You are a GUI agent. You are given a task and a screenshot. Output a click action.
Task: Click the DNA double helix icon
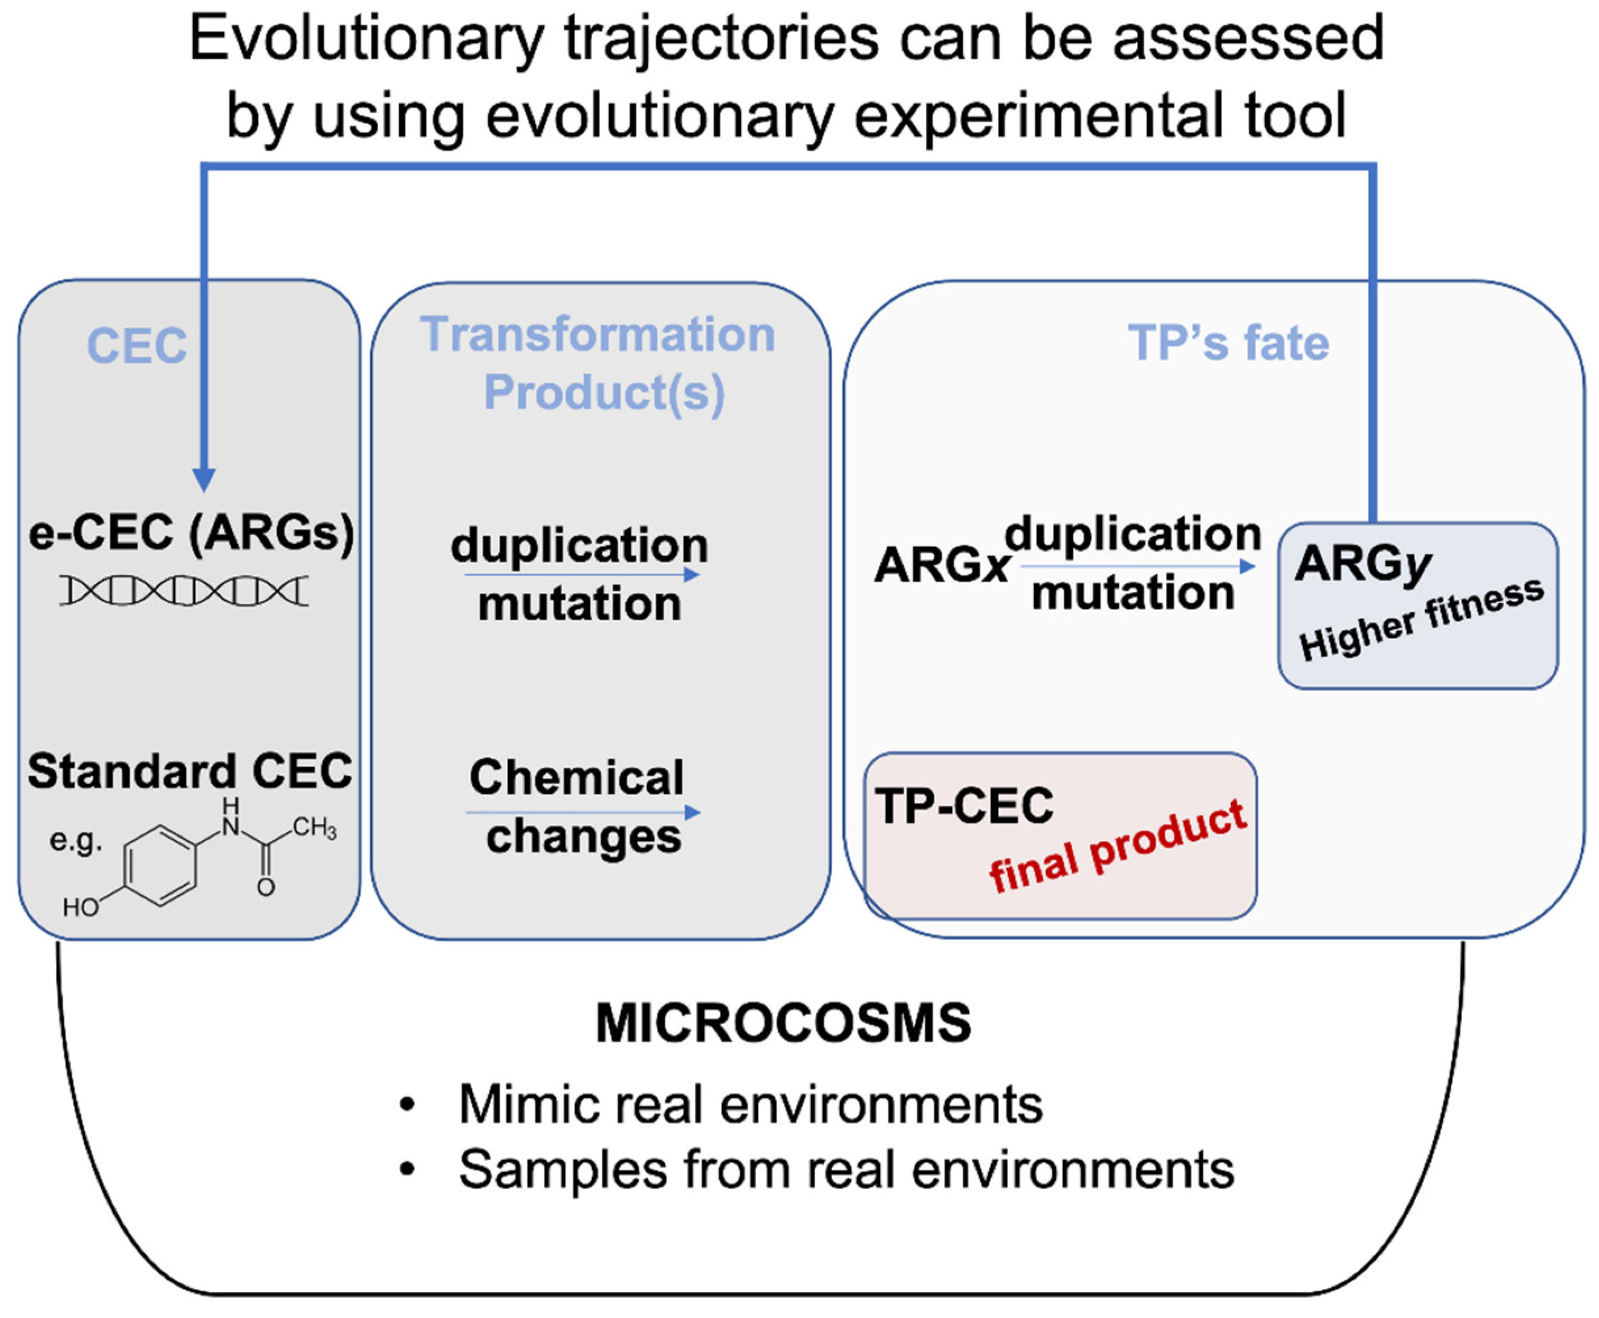[184, 591]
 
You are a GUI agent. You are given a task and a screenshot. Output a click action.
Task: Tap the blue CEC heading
[137, 346]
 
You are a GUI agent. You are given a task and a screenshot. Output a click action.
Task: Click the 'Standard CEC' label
[190, 771]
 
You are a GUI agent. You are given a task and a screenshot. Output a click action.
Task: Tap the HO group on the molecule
[81, 907]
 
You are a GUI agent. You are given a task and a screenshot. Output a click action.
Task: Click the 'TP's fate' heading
[1228, 343]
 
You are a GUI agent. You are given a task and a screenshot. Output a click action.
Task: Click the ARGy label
[1363, 565]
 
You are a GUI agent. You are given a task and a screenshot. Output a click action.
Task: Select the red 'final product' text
[1117, 847]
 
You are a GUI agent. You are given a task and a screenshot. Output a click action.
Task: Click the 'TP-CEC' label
[964, 806]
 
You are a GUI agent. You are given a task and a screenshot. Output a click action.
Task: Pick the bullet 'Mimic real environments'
[750, 1104]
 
